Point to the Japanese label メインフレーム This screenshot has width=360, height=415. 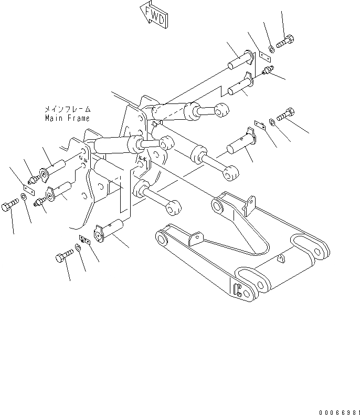click(67, 110)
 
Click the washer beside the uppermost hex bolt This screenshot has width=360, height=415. click(271, 49)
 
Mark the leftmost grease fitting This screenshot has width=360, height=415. click(32, 180)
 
